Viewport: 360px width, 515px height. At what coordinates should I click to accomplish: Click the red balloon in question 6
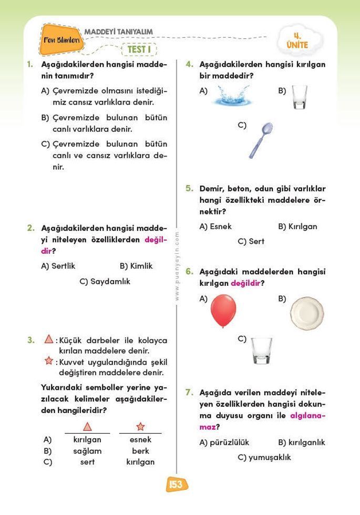[223, 310]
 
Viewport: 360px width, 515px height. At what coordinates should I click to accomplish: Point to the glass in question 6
[261, 351]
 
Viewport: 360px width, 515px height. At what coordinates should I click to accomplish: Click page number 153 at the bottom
[176, 485]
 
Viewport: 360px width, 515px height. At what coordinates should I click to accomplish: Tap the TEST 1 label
[139, 49]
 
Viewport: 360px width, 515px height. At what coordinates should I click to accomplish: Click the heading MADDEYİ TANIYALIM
[119, 32]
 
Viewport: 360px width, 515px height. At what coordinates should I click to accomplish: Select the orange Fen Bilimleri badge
[61, 40]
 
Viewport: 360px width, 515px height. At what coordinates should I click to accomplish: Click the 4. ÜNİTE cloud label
[297, 40]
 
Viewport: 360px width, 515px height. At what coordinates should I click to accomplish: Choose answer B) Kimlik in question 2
[136, 266]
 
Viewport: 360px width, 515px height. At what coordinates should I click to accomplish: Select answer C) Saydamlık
[105, 281]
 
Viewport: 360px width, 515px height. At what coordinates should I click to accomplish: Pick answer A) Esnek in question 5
[215, 226]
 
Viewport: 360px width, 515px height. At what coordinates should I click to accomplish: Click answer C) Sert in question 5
[251, 241]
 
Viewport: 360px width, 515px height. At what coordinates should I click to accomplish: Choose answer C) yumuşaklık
[264, 457]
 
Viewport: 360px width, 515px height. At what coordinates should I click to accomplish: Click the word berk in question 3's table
[140, 451]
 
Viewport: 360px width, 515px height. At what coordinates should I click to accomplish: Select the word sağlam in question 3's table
[87, 451]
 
